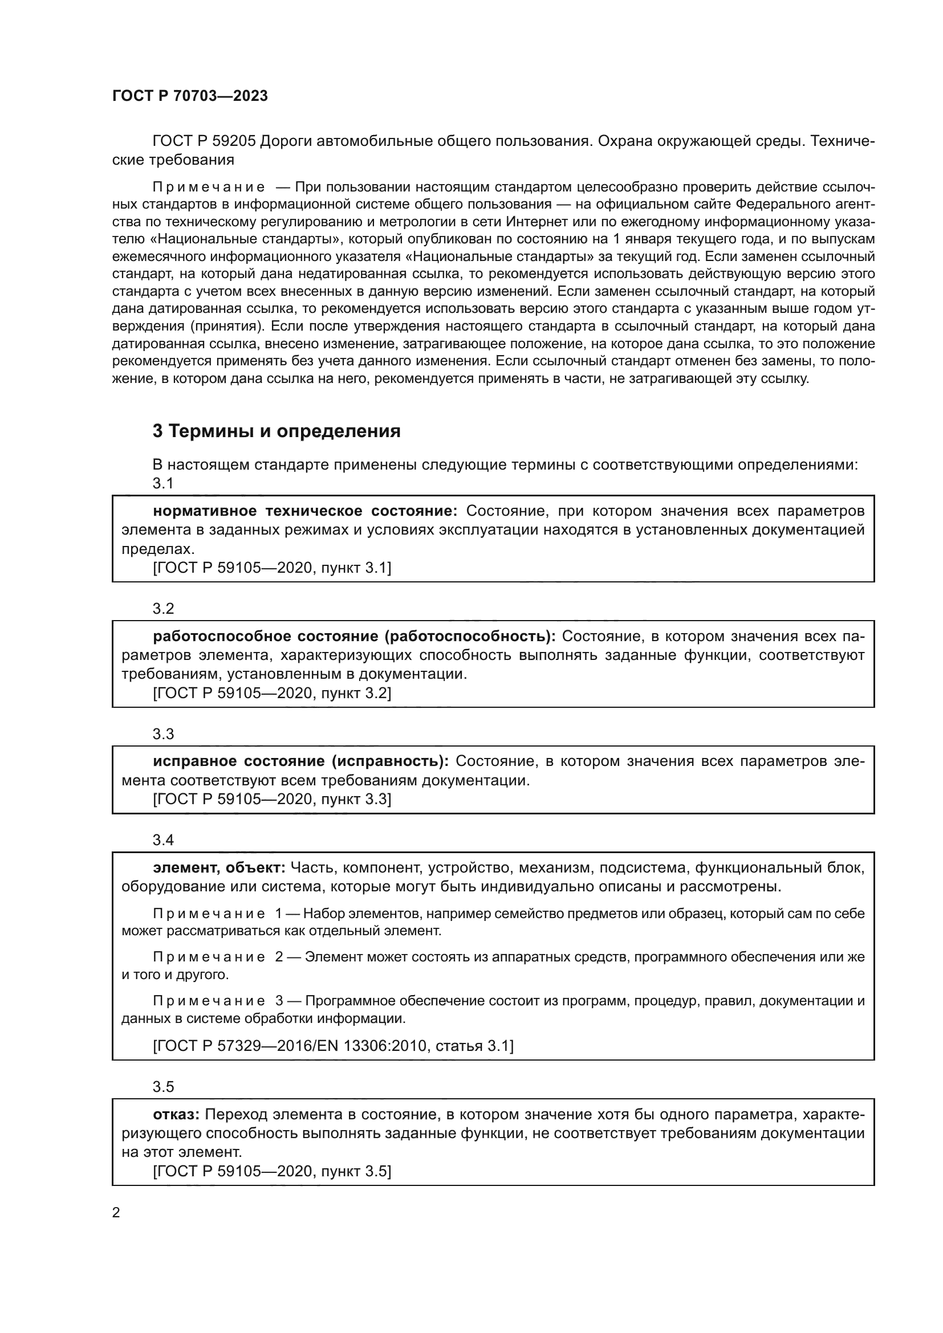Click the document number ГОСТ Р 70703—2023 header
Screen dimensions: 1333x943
point(190,96)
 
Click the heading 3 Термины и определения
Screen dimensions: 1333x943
point(277,431)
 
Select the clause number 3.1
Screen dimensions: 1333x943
point(163,483)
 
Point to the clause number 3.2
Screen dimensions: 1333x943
point(163,609)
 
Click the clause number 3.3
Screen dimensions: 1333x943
point(163,734)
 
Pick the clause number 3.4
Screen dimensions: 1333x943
point(163,839)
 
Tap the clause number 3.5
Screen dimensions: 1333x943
point(163,1086)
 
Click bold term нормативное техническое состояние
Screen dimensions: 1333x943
point(305,511)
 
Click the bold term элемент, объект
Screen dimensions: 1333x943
point(219,867)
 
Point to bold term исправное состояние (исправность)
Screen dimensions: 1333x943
point(301,761)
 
